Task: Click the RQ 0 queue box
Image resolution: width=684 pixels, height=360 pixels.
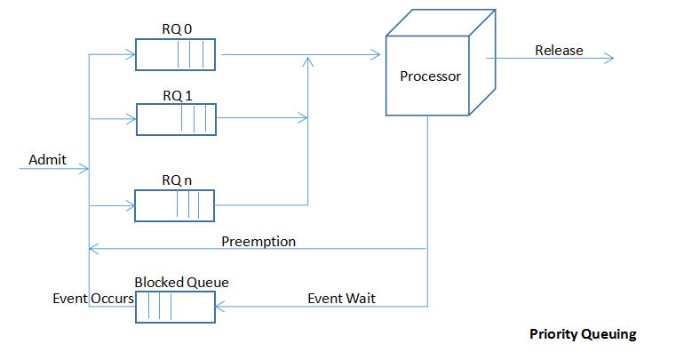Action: click(175, 54)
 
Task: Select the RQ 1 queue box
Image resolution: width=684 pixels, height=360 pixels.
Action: click(176, 120)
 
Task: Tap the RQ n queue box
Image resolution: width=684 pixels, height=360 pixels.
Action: click(174, 205)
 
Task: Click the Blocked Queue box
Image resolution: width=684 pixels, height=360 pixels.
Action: click(175, 308)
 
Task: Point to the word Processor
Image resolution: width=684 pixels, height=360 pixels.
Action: click(430, 76)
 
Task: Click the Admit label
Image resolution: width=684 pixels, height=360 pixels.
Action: click(48, 160)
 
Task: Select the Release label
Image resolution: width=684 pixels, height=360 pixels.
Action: click(559, 51)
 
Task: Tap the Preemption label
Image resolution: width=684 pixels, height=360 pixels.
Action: click(258, 242)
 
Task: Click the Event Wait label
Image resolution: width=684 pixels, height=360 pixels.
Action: click(342, 299)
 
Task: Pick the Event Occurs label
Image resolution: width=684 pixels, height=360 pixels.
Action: click(93, 299)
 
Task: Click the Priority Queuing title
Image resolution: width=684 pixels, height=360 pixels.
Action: click(583, 334)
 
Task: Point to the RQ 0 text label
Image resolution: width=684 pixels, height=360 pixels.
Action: click(177, 29)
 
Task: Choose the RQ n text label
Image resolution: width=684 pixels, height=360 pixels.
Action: click(177, 180)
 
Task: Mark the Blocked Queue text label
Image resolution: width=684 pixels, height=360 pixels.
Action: click(181, 283)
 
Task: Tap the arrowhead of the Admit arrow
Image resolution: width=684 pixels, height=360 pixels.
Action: click(85, 168)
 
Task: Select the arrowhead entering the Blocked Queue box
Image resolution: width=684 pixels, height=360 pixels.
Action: click(219, 307)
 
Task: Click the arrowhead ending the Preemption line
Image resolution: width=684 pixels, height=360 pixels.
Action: click(92, 249)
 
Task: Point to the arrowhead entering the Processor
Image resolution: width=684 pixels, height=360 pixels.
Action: click(377, 54)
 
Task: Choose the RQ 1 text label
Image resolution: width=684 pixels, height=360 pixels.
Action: click(178, 96)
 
